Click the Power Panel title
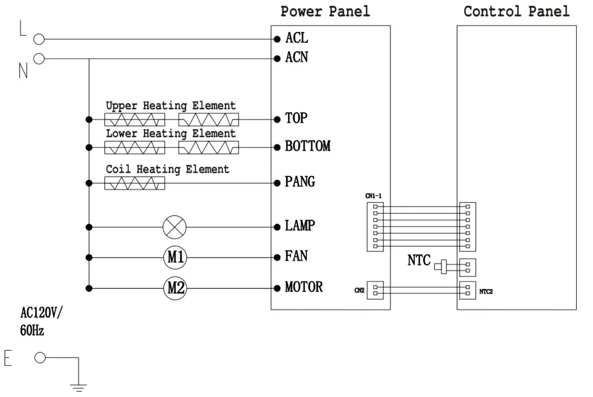[x=325, y=11]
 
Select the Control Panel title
[x=516, y=11]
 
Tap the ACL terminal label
[x=296, y=39]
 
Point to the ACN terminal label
[x=296, y=57]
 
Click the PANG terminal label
[x=300, y=182]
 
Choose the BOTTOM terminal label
[x=308, y=146]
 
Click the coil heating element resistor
[x=135, y=183]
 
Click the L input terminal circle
[x=39, y=39]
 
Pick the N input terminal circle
[x=39, y=59]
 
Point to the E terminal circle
[x=39, y=358]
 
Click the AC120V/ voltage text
[x=41, y=313]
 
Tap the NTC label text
[x=419, y=261]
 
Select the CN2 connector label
[x=359, y=290]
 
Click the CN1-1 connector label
[x=374, y=196]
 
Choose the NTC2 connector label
[x=486, y=291]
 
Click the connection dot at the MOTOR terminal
[x=277, y=288]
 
